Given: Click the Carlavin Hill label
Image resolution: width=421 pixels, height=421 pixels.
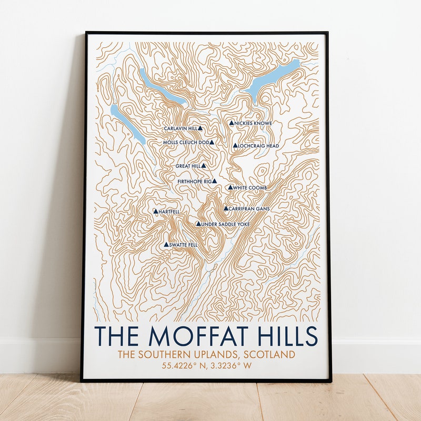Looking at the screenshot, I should [x=180, y=128].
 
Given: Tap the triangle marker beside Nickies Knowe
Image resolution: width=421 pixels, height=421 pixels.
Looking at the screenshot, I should [x=231, y=123].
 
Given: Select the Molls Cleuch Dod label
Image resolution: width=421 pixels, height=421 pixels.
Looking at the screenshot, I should [x=185, y=142].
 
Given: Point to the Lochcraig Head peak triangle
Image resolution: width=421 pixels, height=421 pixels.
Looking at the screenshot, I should [x=235, y=145].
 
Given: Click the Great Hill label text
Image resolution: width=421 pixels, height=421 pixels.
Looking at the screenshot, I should [x=187, y=166].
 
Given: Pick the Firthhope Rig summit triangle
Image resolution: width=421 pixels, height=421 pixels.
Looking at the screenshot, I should [x=214, y=181].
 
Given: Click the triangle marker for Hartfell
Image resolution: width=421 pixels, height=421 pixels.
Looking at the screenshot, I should [x=155, y=211].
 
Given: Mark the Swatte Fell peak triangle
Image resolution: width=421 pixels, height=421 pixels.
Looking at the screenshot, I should [x=166, y=244].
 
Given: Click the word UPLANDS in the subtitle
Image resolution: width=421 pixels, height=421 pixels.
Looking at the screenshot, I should [x=219, y=355].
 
